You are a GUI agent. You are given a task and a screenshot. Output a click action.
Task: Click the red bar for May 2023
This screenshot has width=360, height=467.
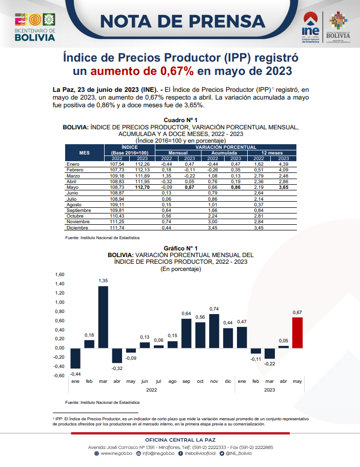click(297, 333)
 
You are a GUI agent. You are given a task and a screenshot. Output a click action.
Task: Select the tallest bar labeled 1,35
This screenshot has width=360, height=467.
click(103, 317)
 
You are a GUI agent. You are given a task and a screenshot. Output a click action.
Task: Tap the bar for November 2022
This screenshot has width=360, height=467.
click(214, 331)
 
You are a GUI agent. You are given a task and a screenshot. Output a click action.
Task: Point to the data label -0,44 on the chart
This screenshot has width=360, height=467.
click(75, 374)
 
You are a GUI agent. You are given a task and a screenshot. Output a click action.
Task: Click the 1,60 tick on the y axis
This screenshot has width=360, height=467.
click(59, 275)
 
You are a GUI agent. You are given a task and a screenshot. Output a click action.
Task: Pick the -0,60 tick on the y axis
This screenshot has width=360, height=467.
click(59, 376)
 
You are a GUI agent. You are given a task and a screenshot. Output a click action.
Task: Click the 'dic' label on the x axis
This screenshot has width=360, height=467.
click(228, 381)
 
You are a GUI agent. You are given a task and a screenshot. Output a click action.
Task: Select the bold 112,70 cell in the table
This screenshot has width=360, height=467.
click(142, 187)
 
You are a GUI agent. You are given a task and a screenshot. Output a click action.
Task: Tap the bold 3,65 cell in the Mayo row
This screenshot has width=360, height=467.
click(284, 187)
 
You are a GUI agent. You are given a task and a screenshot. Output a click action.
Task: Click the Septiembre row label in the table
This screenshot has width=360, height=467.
click(79, 210)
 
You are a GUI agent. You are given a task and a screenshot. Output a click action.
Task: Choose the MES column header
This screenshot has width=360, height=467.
click(85, 153)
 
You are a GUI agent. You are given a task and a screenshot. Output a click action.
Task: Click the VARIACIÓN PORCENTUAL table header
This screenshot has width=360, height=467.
click(226, 147)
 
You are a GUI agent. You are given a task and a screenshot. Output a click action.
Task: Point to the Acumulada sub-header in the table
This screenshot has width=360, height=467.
click(224, 153)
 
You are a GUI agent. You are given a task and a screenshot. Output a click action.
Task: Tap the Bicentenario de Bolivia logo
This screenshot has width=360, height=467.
click(35, 27)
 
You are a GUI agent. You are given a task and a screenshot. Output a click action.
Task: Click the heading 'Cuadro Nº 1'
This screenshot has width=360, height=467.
click(181, 120)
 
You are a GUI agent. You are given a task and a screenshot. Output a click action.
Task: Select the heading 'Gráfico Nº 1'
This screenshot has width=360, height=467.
click(181, 248)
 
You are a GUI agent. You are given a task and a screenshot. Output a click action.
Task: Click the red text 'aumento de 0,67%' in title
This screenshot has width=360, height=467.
click(142, 71)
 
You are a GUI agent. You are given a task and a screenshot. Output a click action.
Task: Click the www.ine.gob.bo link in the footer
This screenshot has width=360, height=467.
click(113, 453)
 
